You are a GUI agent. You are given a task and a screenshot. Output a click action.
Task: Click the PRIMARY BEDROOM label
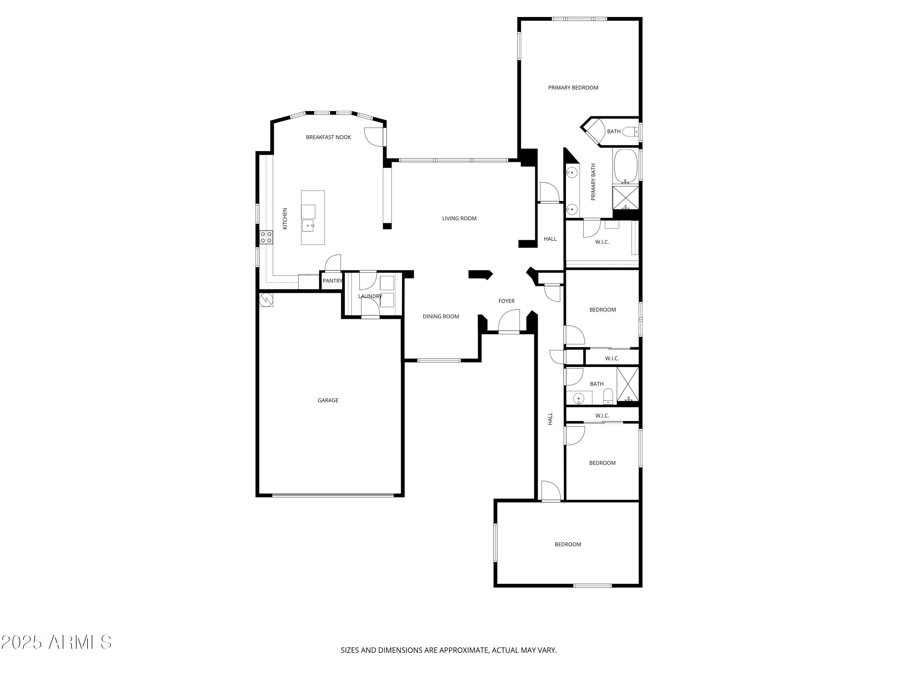tap(573, 88)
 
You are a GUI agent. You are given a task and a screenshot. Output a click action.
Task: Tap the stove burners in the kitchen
tap(266, 237)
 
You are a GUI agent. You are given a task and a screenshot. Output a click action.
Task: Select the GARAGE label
tap(327, 401)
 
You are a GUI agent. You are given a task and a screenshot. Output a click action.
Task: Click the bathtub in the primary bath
tap(626, 165)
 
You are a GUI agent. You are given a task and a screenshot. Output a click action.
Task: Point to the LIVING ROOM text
tap(459, 218)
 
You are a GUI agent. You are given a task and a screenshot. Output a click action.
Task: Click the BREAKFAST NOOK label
tap(328, 137)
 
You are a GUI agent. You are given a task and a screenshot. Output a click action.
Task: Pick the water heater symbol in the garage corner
tap(266, 300)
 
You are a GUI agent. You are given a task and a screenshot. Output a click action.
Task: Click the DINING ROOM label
tap(441, 316)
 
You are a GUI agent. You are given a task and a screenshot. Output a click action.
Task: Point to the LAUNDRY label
tap(370, 296)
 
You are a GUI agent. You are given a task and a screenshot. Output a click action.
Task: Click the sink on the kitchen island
tap(308, 226)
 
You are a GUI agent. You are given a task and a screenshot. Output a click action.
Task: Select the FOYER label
tap(506, 301)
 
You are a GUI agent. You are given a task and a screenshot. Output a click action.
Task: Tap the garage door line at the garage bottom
tap(333, 495)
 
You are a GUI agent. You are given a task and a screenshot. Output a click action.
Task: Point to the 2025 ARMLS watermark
tap(56, 642)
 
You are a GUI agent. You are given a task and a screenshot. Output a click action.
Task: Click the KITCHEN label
tap(285, 219)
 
